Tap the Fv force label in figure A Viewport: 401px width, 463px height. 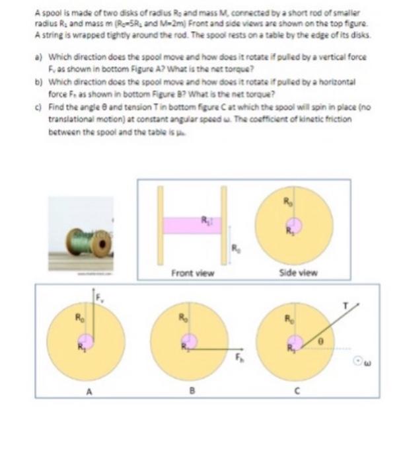102,298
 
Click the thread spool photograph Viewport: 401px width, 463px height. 84,241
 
